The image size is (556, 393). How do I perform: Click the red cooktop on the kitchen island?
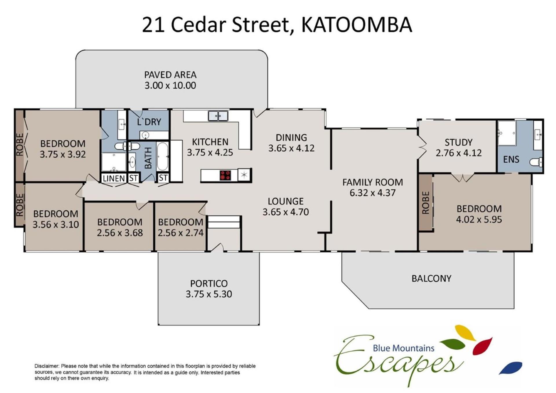(225, 175)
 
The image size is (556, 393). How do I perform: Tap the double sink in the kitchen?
(218, 116)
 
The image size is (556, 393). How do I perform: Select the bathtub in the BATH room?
(162, 157)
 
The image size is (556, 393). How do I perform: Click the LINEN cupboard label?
(114, 178)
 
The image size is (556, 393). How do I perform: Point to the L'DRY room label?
(149, 122)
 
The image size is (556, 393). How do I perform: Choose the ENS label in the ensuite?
(511, 159)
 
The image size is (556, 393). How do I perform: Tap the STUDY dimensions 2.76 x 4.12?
(459, 153)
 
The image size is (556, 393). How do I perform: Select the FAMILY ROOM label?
(372, 182)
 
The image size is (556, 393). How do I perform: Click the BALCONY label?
(431, 278)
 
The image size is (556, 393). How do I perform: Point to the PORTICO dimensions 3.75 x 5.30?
(209, 294)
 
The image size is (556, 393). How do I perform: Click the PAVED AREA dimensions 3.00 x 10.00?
(170, 85)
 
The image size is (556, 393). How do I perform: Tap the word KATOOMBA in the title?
(356, 25)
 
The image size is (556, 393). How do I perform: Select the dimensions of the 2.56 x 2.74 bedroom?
(180, 233)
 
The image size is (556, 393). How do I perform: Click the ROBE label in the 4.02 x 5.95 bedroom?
(426, 203)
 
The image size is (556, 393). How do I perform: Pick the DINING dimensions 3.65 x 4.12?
(291, 148)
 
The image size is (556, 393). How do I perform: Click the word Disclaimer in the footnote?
(47, 366)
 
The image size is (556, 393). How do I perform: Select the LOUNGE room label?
(286, 201)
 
